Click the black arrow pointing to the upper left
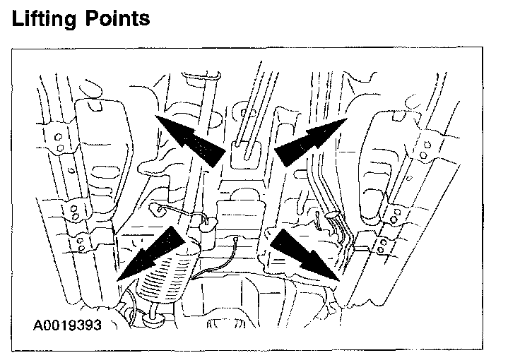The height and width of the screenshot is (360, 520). point(189,139)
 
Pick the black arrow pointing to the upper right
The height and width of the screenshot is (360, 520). point(309,141)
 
